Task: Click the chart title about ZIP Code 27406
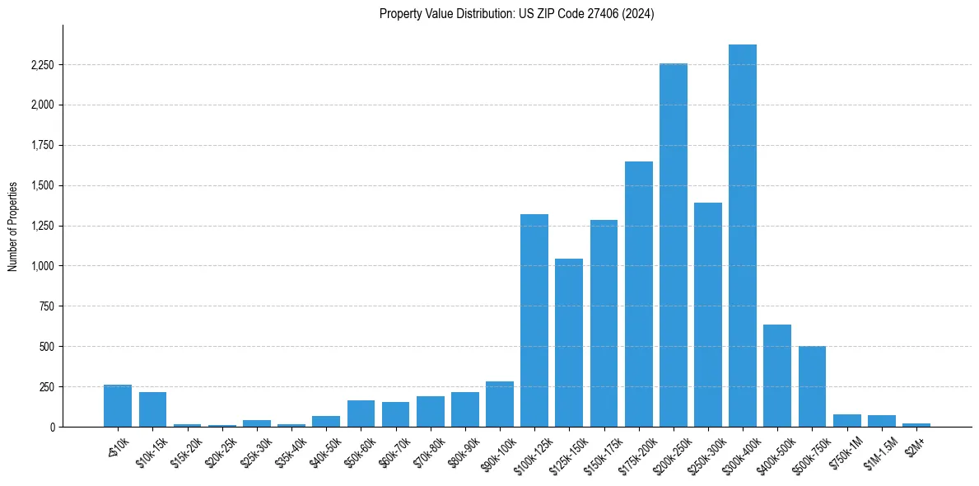click(x=516, y=14)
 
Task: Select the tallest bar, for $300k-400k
click(x=743, y=236)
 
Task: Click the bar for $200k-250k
click(x=674, y=245)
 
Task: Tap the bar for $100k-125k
click(x=534, y=320)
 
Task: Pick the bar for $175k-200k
click(x=639, y=294)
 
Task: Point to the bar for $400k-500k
click(x=777, y=376)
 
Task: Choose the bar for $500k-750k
click(x=812, y=386)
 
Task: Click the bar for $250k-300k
click(x=708, y=315)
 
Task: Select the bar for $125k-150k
click(x=569, y=343)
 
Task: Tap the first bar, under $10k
click(x=118, y=405)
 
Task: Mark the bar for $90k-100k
click(x=500, y=404)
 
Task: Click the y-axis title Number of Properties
click(x=12, y=227)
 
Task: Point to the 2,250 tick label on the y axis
click(x=42, y=65)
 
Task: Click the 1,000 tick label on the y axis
click(x=42, y=266)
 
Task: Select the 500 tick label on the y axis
click(x=46, y=347)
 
